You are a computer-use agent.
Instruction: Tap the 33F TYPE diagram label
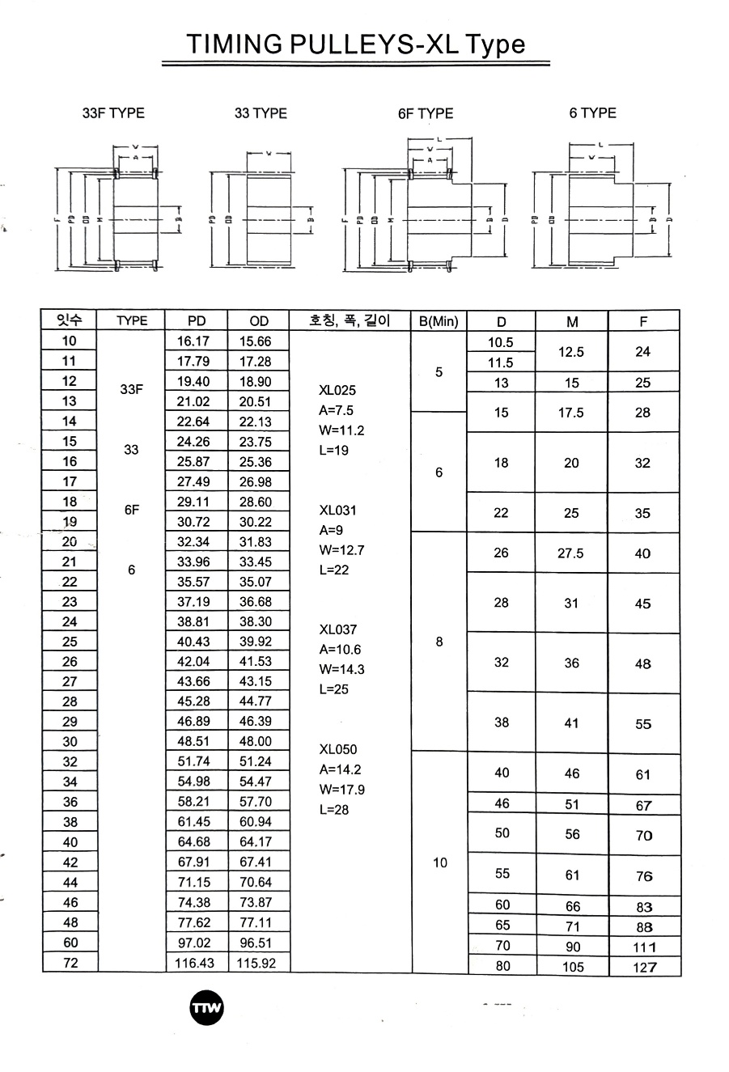pos(113,113)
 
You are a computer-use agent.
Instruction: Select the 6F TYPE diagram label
pos(426,114)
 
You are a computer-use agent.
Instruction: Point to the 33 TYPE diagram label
pos(261,113)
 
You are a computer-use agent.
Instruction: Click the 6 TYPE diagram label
pos(592,113)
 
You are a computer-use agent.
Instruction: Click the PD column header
pos(197,321)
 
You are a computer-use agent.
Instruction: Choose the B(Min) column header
pos(439,321)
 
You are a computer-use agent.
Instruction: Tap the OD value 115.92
pos(257,964)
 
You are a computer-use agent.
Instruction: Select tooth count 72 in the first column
pos(70,963)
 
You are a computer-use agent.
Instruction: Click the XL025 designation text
pos(337,390)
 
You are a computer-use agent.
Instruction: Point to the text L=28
pos(334,810)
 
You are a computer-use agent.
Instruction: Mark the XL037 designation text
pos(337,629)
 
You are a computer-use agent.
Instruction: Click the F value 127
pos(644,968)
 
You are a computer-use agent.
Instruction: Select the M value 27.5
pos(571,553)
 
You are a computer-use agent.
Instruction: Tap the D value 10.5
pos(501,343)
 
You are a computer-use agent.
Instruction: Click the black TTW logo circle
pos(206,1008)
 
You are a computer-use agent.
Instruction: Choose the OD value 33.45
pos(256,561)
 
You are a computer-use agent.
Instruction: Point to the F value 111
pos(644,947)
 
